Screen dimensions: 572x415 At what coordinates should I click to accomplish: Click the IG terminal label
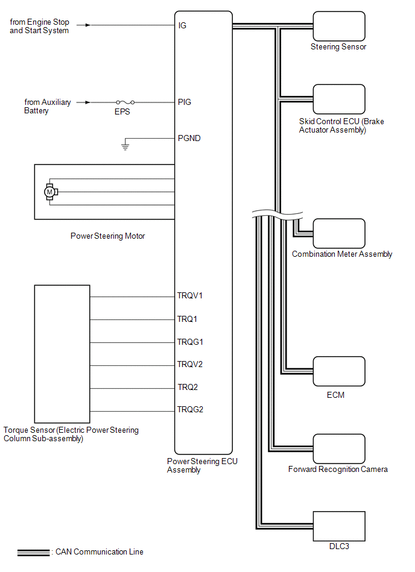(x=182, y=26)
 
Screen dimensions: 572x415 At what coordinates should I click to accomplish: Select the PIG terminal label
(x=184, y=102)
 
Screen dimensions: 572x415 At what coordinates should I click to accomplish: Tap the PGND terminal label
(x=189, y=138)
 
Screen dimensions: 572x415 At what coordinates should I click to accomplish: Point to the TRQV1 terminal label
(x=190, y=296)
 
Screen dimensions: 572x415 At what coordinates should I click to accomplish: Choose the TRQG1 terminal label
(x=190, y=342)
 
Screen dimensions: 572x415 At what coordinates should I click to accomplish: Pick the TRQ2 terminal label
(x=188, y=387)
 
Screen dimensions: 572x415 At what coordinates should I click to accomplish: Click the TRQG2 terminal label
(x=190, y=410)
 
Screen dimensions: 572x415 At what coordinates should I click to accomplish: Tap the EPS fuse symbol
(x=124, y=102)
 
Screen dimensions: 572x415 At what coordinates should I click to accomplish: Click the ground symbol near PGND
(x=125, y=146)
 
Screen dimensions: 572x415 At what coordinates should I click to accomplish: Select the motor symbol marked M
(x=50, y=192)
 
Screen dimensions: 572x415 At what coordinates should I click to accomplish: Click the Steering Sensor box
(x=338, y=26)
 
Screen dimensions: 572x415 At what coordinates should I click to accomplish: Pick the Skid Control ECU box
(x=338, y=99)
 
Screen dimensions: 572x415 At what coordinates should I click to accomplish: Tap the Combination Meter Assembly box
(x=338, y=233)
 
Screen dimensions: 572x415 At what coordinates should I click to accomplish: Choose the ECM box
(x=338, y=371)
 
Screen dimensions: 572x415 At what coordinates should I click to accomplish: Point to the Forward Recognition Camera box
(x=338, y=447)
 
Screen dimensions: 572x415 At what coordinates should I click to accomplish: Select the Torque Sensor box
(x=62, y=354)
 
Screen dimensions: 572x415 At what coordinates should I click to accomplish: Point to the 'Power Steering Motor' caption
(x=107, y=236)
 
